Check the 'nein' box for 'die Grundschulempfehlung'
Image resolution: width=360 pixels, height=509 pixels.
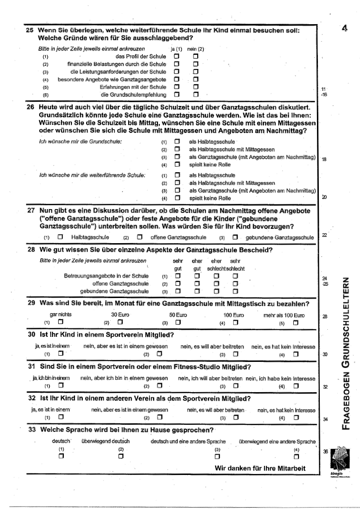[195, 95]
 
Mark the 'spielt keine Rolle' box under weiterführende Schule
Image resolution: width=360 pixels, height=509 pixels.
[178, 198]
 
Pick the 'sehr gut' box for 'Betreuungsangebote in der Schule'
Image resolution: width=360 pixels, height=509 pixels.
[178, 276]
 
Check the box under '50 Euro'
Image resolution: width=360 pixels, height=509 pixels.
[178, 323]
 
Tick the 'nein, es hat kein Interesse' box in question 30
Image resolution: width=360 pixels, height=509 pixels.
[296, 354]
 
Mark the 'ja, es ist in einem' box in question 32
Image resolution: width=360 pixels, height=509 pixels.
[61, 417]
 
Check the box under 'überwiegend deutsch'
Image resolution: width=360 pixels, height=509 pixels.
[121, 456]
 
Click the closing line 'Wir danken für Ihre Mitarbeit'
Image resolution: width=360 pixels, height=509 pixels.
[260, 468]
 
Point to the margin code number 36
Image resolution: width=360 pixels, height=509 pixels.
[325, 451]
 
